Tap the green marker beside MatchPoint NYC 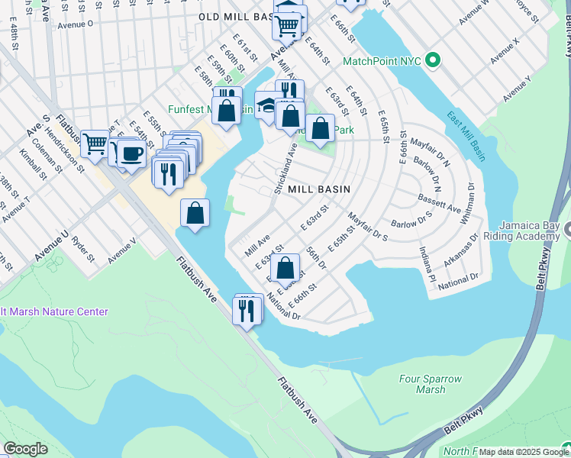pyautogui.click(x=434, y=60)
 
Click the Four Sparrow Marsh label pyautogui.click(x=422, y=384)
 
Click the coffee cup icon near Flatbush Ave pyautogui.click(x=131, y=153)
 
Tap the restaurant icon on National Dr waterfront pyautogui.click(x=246, y=310)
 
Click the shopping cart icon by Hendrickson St pyautogui.click(x=95, y=142)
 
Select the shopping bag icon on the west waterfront pyautogui.click(x=195, y=212)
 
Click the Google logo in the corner pyautogui.click(x=25, y=449)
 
